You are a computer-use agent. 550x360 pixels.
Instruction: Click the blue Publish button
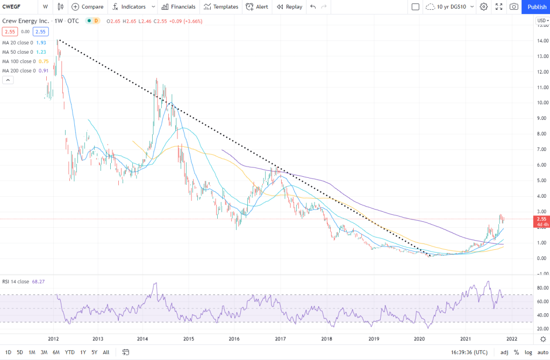[537, 6]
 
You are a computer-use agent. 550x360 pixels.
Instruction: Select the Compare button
[87, 7]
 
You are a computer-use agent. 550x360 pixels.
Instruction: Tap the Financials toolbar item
[178, 7]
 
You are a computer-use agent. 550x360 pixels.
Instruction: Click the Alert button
[257, 7]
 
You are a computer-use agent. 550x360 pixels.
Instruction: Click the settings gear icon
[483, 7]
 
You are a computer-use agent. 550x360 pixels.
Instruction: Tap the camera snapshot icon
[514, 7]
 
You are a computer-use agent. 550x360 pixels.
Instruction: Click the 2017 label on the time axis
[280, 339]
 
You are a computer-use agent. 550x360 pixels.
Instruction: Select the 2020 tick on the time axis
[419, 339]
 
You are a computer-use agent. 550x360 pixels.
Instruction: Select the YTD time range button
[69, 352]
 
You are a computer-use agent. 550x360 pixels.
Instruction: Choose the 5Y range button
[95, 352]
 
